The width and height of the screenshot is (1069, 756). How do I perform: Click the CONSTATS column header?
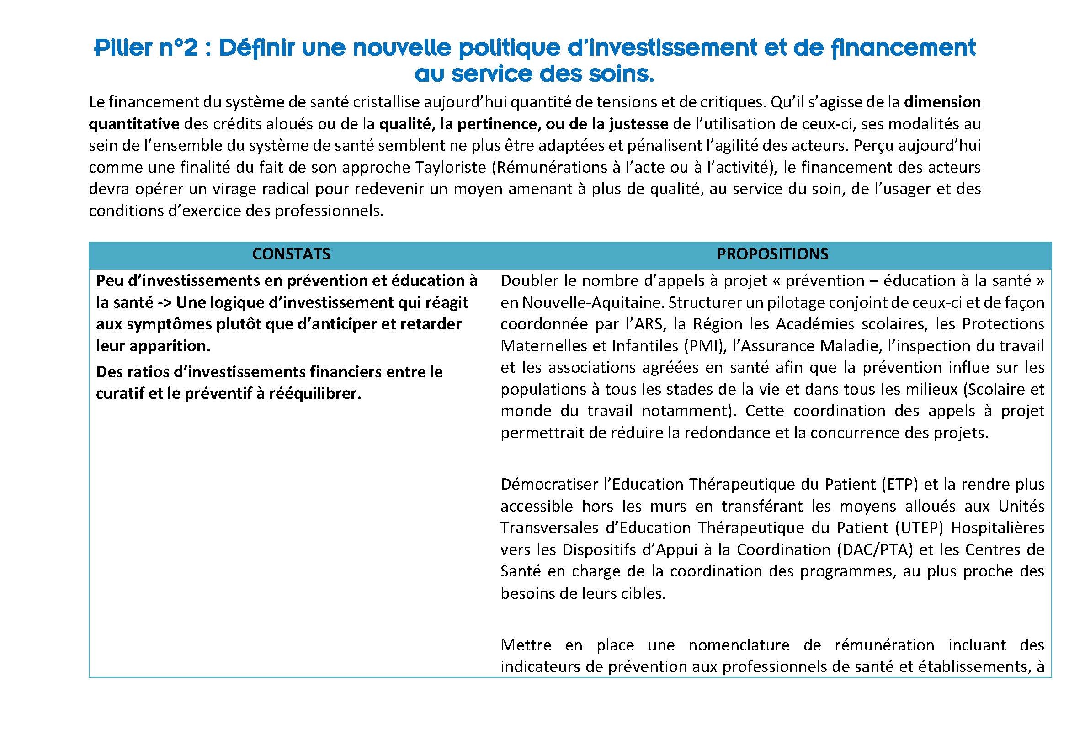[x=291, y=254]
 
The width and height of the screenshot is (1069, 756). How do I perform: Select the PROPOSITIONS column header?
[x=772, y=254]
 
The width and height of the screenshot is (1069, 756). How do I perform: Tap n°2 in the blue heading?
[x=178, y=48]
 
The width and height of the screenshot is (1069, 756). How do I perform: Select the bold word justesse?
[x=638, y=124]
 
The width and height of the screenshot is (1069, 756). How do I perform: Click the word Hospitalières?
[x=997, y=528]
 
